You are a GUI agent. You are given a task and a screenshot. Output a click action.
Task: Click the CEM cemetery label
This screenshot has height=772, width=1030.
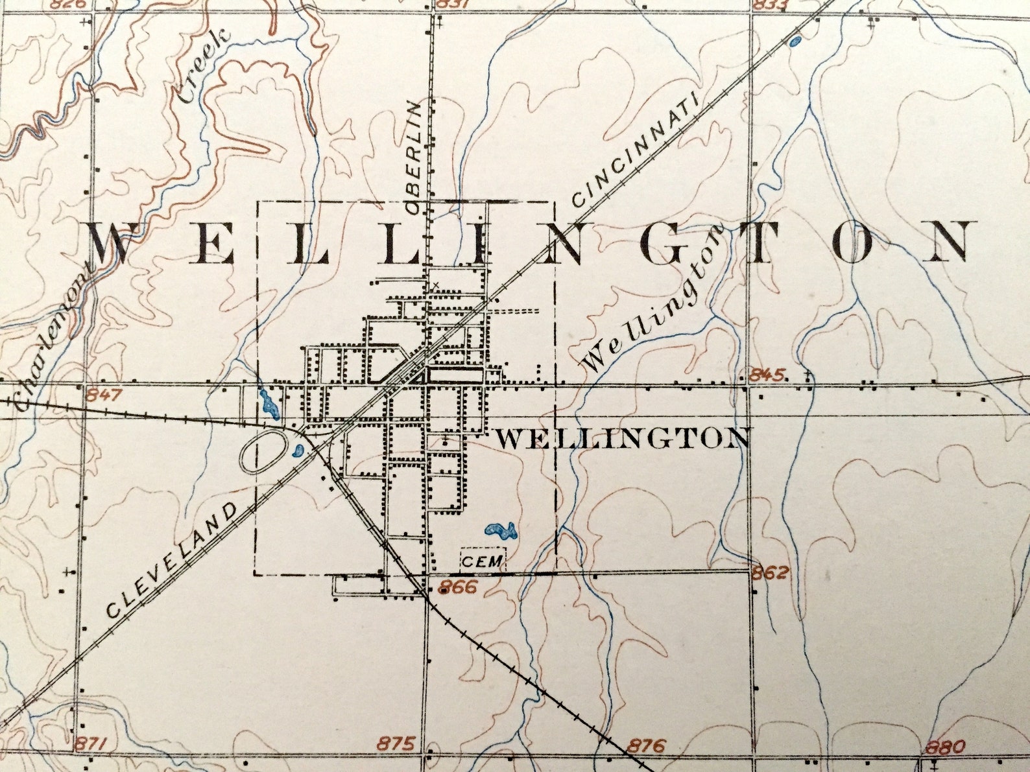[482, 561]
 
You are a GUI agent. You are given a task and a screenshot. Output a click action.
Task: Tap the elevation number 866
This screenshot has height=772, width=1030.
[457, 587]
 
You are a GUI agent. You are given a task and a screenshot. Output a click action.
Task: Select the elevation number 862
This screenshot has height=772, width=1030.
[771, 572]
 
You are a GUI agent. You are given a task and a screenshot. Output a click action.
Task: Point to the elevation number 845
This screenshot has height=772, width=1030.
[768, 374]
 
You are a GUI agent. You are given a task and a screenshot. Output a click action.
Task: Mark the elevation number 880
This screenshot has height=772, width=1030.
[946, 746]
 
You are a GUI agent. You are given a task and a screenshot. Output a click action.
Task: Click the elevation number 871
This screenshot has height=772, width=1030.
[93, 743]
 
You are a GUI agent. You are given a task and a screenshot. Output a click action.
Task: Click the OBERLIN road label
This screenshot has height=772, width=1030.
[414, 158]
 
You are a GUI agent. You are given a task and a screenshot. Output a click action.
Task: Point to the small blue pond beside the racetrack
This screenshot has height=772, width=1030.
[298, 449]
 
